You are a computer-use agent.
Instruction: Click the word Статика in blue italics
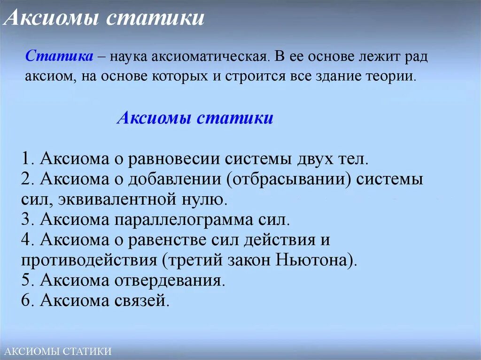pyautogui.click(x=59, y=56)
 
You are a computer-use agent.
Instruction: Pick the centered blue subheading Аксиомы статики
pyautogui.click(x=195, y=117)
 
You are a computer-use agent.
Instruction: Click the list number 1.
pyautogui.click(x=26, y=159)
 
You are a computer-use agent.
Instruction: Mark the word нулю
pyautogui.click(x=207, y=199)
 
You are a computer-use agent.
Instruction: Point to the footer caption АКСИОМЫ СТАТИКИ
pyautogui.click(x=56, y=351)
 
